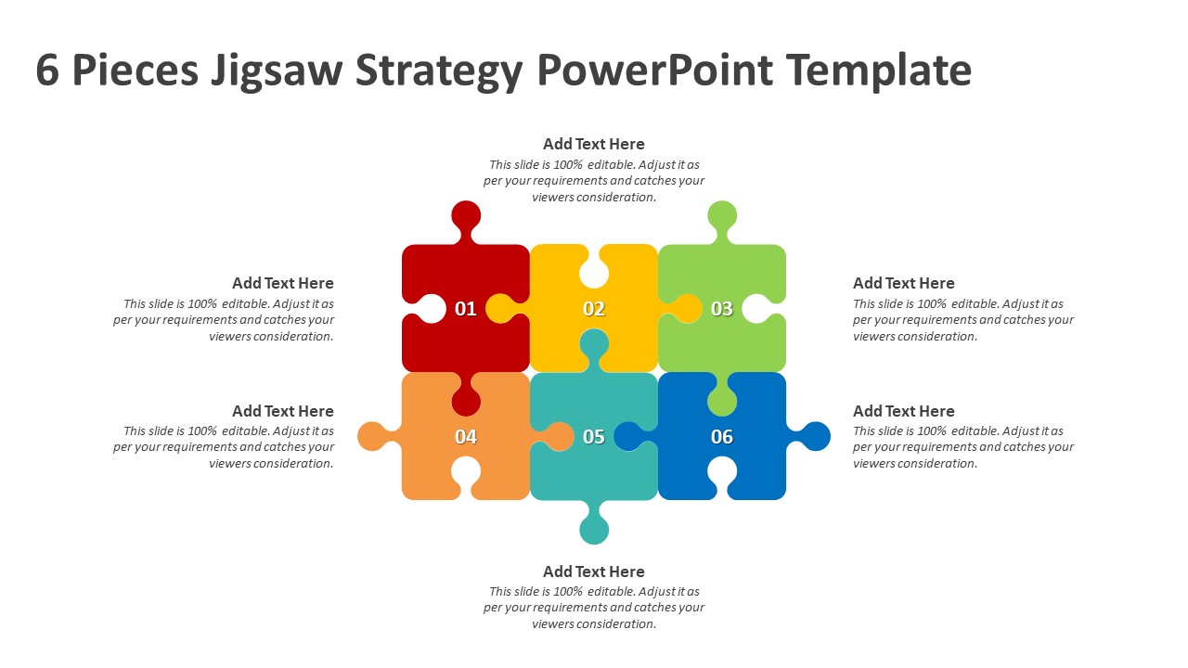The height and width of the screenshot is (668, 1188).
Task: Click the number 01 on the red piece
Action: point(466,309)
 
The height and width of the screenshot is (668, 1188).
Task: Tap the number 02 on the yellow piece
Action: point(594,309)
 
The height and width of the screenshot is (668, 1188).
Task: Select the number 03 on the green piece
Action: point(722,309)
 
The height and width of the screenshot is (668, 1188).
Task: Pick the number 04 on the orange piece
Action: point(466,437)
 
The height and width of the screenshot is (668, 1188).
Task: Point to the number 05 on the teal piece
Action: point(594,437)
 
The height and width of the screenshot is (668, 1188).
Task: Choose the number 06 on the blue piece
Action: point(722,437)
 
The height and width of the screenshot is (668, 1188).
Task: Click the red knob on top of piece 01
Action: point(466,217)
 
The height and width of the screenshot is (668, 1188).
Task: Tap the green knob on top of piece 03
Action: point(722,217)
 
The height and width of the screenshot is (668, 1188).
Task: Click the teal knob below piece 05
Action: point(594,528)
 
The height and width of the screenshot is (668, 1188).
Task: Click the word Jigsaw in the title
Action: point(277,71)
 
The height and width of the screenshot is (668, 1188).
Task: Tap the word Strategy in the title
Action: point(439,71)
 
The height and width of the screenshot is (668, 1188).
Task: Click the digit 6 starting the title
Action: point(47,70)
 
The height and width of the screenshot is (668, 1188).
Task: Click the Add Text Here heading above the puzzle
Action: point(594,144)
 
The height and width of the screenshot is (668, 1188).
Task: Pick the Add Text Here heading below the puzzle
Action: point(594,572)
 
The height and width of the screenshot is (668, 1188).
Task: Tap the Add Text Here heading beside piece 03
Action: point(904,283)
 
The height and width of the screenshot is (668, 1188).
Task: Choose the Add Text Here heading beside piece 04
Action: point(283,411)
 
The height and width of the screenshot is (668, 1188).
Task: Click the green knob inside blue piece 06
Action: point(722,398)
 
